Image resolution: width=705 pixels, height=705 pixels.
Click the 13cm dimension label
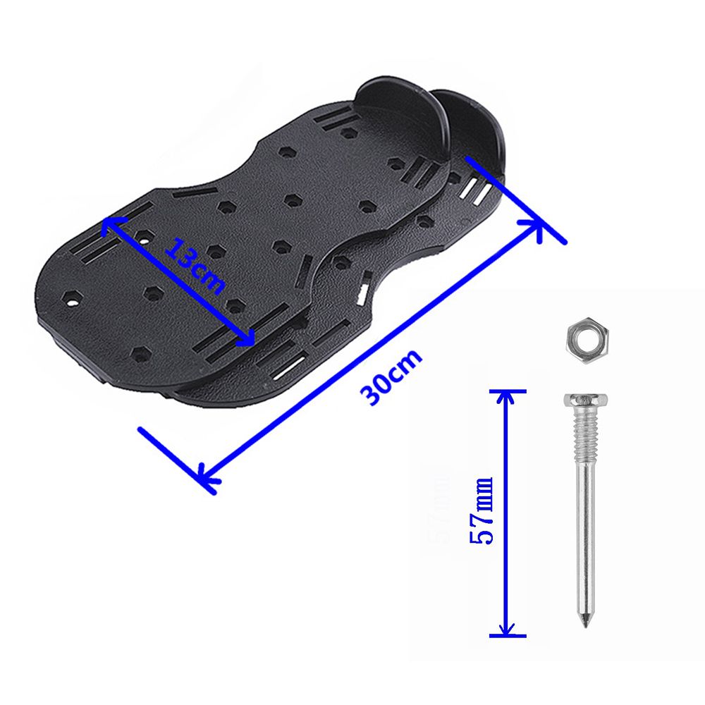195,266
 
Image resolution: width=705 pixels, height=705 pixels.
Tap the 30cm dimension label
391,376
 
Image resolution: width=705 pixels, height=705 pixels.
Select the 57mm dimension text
482,510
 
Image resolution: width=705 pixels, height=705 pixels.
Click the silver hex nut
587,340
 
